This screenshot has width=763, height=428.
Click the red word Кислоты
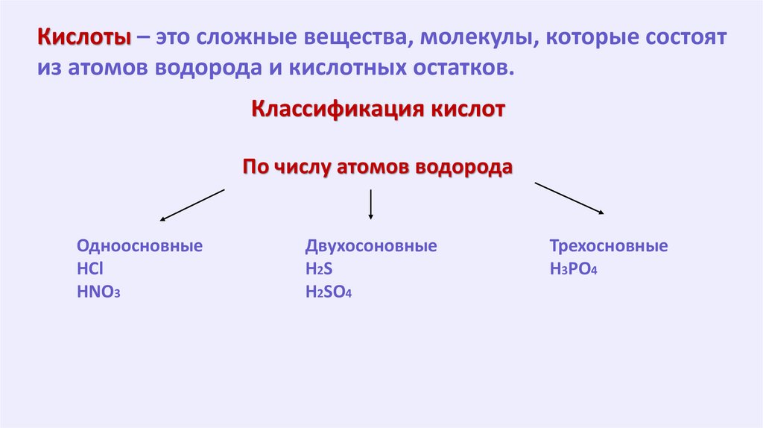coord(84,37)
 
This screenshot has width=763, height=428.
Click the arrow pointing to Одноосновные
coord(192,205)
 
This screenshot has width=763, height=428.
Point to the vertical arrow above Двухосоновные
coord(371,204)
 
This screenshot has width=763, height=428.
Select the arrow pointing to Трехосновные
coord(569,198)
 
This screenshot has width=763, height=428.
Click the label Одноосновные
coord(139,246)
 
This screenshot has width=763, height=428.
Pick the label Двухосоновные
coord(370,246)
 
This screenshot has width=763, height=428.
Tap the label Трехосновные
coord(608,246)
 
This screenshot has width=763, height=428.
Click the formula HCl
coord(88,269)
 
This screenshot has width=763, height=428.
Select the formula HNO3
coord(98,292)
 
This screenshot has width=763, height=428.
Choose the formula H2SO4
coord(328,292)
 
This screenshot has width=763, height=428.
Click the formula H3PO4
coord(574,269)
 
